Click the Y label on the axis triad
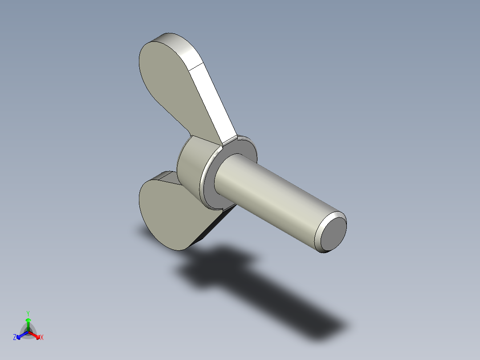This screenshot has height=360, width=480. (28, 313)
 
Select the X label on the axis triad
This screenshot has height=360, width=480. (42, 338)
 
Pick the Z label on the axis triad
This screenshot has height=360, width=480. (15, 337)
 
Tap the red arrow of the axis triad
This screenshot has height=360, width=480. (37, 335)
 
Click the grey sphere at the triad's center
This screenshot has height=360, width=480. (28, 331)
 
